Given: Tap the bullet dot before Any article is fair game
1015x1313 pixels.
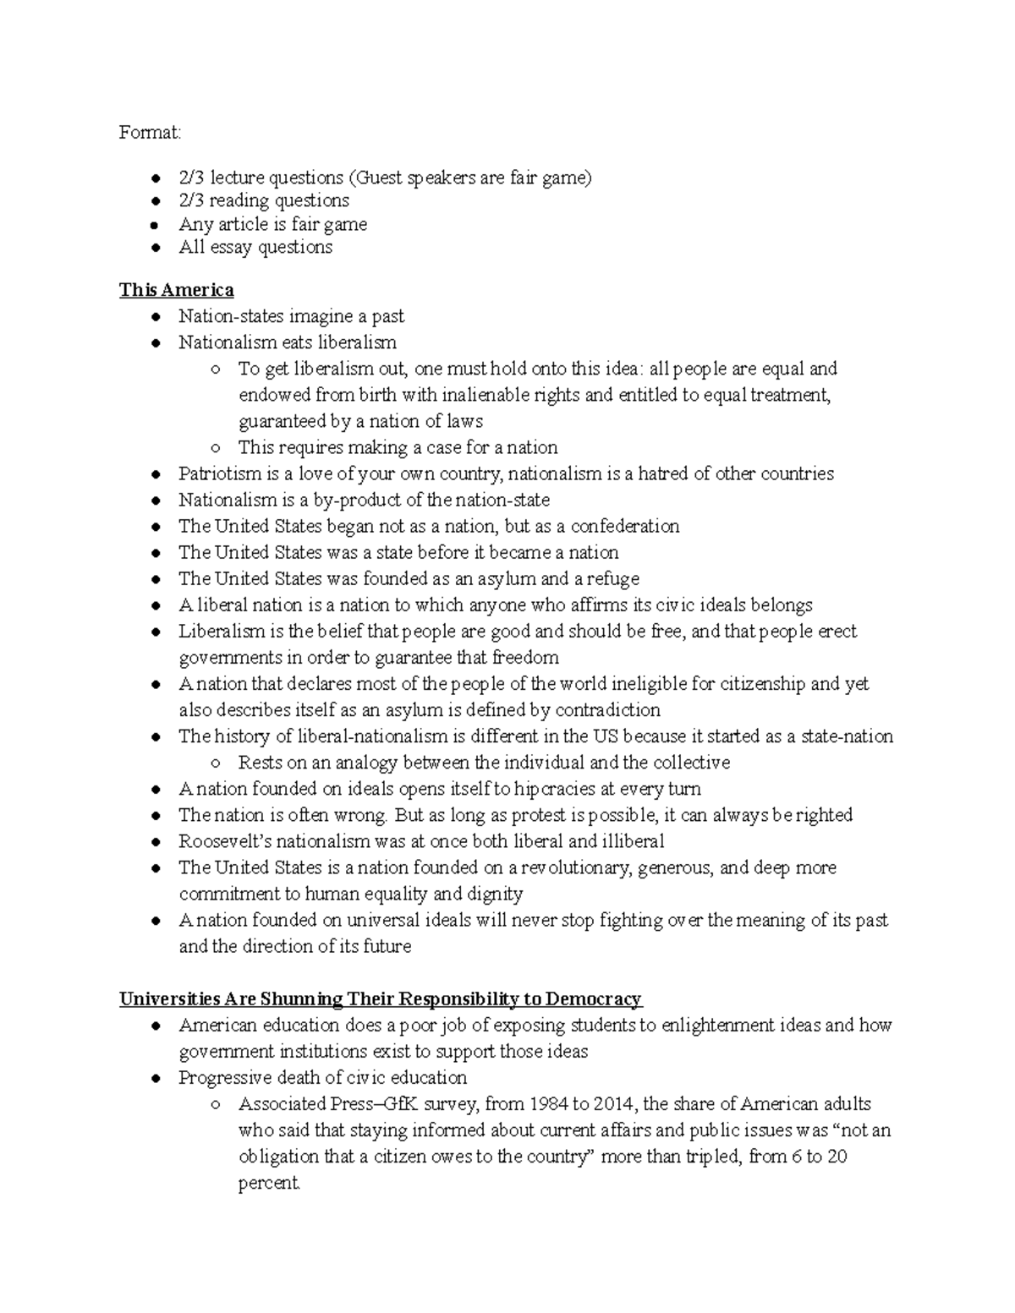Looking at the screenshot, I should pyautogui.click(x=155, y=225).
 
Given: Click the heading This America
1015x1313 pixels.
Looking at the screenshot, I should pyautogui.click(x=176, y=290).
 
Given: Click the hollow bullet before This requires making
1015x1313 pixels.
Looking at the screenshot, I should pyautogui.click(x=216, y=448).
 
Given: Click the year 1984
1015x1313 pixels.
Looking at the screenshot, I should pyautogui.click(x=550, y=1104).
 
